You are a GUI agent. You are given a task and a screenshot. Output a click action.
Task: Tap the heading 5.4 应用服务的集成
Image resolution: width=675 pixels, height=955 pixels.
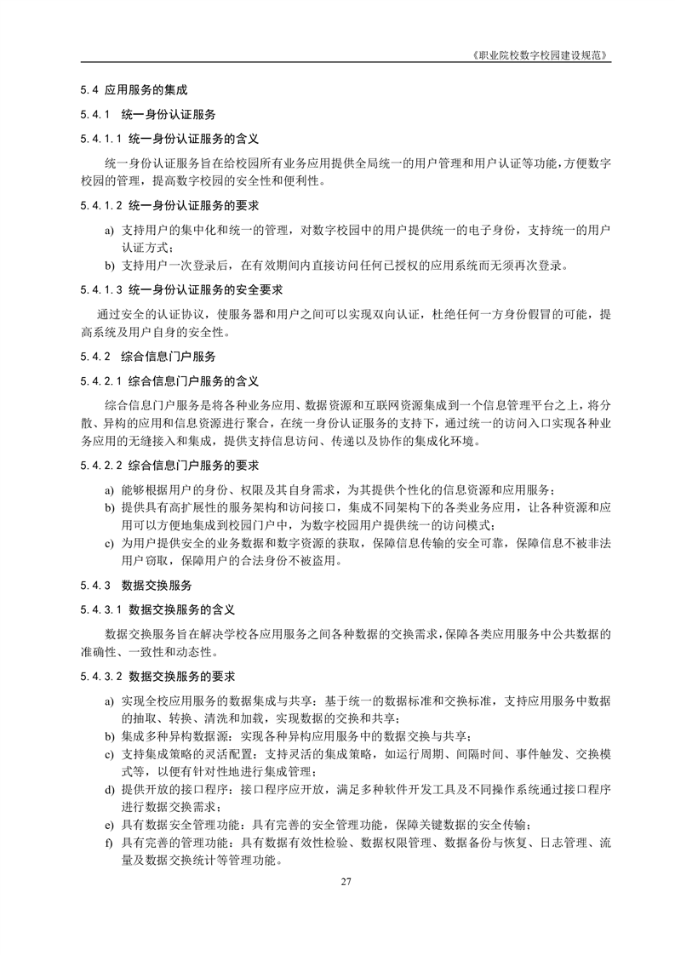pos(134,89)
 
